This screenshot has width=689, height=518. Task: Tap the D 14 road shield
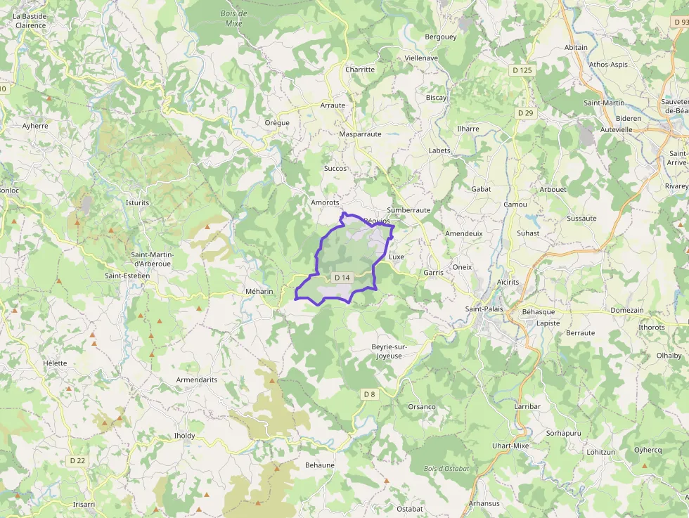[342, 278]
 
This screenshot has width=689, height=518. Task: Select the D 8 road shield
[370, 394]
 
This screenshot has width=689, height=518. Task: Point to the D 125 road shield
[522, 70]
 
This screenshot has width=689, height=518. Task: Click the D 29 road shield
[525, 113]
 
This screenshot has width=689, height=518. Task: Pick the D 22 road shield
[77, 460]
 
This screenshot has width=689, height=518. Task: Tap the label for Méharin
[259, 291]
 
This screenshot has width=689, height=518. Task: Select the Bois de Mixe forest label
[233, 18]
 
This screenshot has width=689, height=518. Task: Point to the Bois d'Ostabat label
[446, 469]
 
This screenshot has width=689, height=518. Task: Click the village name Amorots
[325, 202]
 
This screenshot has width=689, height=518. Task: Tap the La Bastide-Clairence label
[30, 20]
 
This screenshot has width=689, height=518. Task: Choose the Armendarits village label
[197, 380]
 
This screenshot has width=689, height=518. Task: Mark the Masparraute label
[360, 134]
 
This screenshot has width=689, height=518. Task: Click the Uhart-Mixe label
[510, 446]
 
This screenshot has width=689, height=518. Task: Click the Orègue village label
[277, 122]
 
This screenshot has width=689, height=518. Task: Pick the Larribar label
[527, 407]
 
